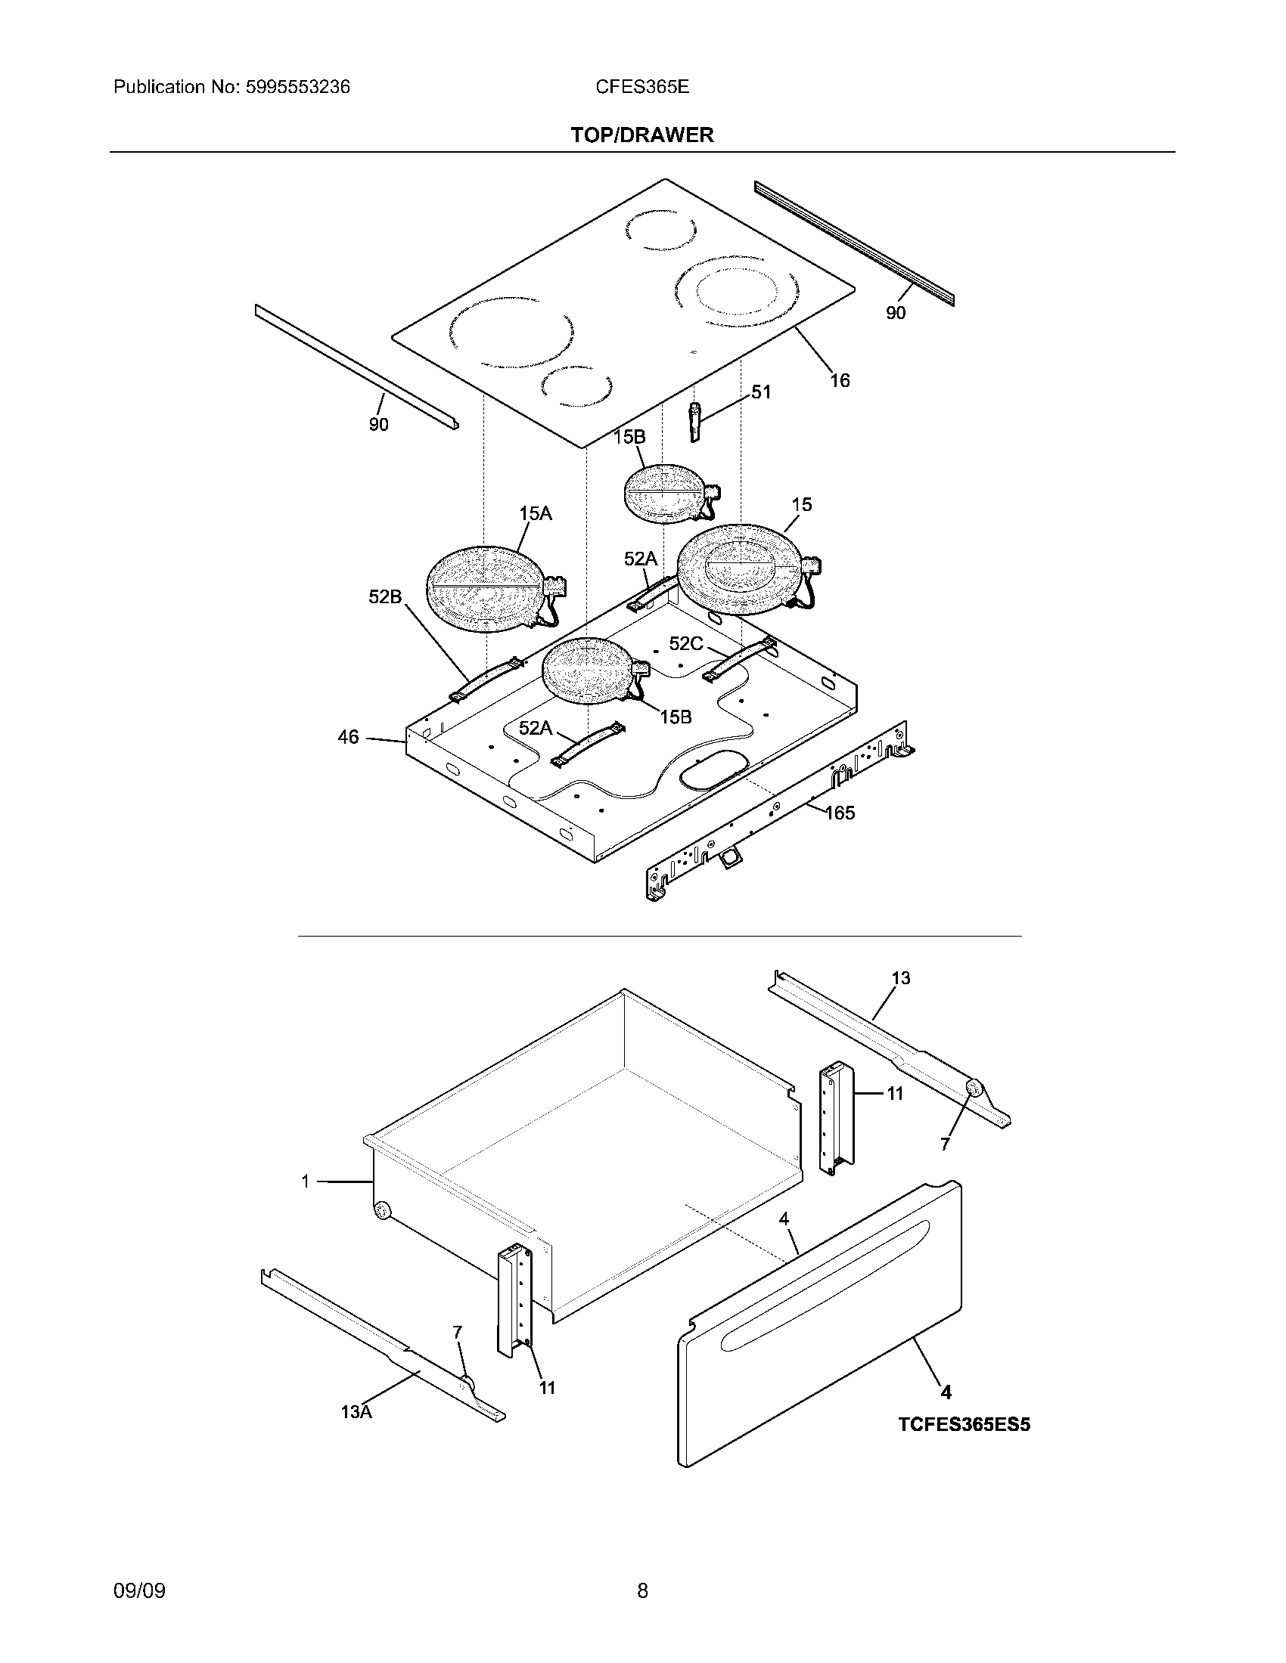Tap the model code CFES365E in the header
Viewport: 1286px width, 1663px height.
(641, 87)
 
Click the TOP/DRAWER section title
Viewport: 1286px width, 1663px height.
(642, 135)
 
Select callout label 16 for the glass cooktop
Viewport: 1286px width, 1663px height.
(839, 380)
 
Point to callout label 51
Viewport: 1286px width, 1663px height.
(760, 392)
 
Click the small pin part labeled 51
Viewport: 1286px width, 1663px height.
(694, 421)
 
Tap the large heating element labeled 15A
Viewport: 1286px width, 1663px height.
(485, 589)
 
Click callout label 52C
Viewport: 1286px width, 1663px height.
(685, 644)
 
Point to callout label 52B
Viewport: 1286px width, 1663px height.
(385, 597)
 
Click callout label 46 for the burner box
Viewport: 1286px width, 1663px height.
(348, 737)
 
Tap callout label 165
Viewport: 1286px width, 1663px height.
(840, 813)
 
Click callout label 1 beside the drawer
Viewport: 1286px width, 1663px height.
(305, 1181)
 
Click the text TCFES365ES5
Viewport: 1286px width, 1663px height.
(963, 1425)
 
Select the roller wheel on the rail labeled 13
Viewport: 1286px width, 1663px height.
(973, 1088)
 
